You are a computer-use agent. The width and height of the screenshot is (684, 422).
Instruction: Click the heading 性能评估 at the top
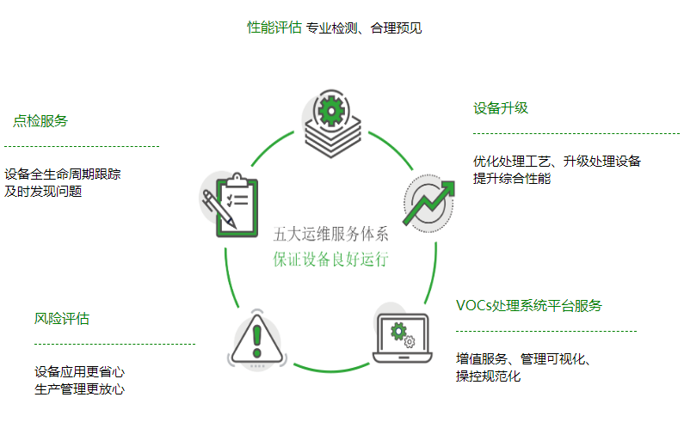(x=274, y=28)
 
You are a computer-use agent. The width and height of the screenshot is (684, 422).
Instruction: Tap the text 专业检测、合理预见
(x=364, y=28)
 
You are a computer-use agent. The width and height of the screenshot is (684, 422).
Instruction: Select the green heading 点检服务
(x=40, y=121)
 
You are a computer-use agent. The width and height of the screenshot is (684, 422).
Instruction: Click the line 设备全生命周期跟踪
(x=63, y=174)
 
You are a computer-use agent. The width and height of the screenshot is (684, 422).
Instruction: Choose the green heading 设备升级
(x=501, y=108)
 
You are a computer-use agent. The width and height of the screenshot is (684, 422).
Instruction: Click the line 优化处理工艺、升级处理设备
(x=557, y=161)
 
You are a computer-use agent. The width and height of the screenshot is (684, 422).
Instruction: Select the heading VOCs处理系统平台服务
(x=529, y=305)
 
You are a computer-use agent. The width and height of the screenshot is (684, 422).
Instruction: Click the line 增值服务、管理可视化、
(x=527, y=358)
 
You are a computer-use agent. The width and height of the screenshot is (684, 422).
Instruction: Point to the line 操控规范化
(x=489, y=376)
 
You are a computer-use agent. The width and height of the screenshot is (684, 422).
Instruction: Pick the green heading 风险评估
(x=62, y=319)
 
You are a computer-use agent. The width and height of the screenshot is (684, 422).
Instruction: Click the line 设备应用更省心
(x=80, y=372)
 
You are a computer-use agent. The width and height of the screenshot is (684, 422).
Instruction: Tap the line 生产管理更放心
(x=80, y=389)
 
